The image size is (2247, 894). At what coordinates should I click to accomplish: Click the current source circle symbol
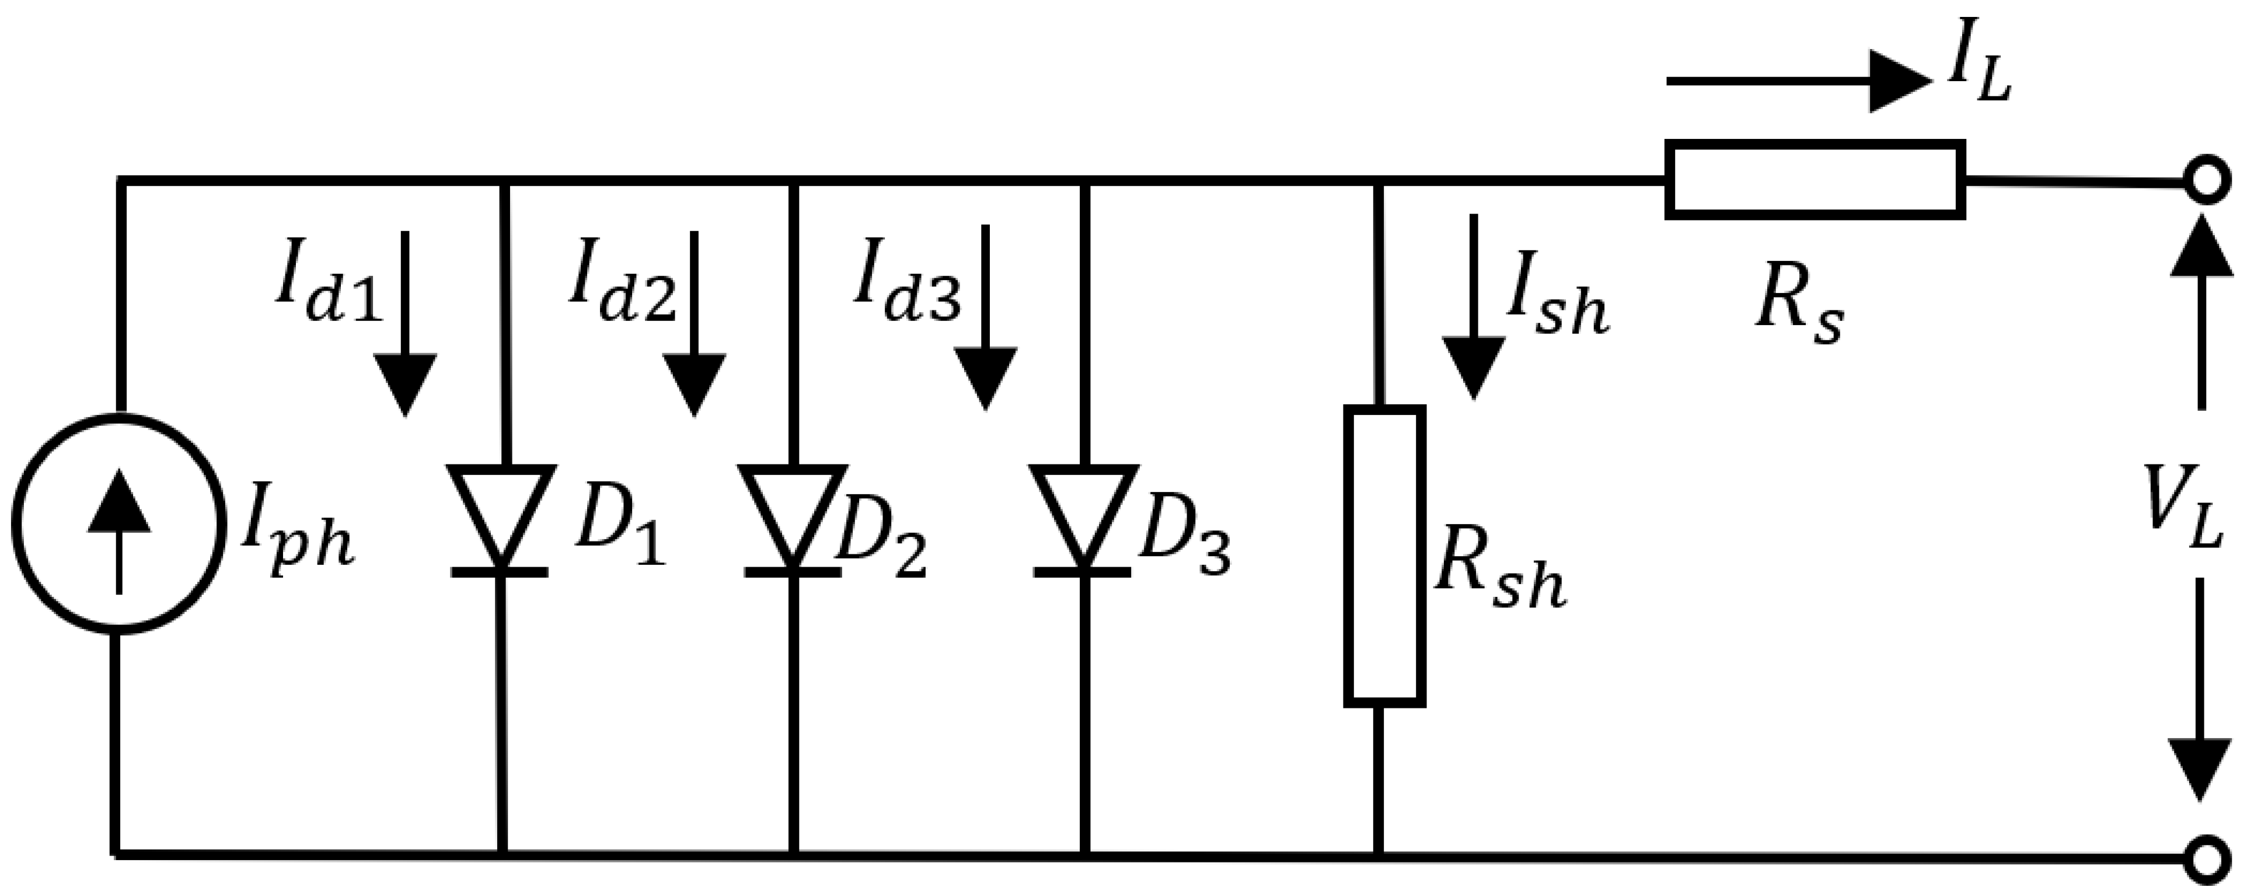coord(118,524)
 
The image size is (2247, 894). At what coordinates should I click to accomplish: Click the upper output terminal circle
coord(2207,184)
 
